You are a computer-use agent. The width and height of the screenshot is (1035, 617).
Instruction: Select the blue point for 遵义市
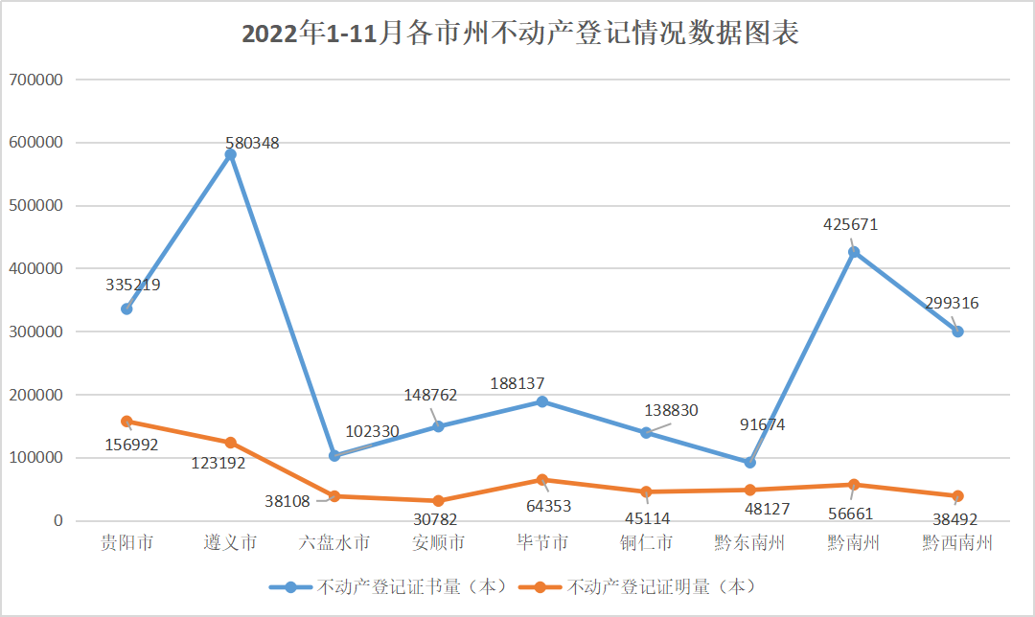(230, 154)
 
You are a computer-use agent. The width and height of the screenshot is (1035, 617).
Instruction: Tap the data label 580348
(252, 143)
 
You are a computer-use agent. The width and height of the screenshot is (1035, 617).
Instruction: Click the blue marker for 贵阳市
(126, 308)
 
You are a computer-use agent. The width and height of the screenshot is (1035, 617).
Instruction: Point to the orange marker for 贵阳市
(126, 422)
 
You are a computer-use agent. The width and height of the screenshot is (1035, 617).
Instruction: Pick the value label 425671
(851, 225)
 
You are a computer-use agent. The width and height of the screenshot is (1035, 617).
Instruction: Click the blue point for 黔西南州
(957, 331)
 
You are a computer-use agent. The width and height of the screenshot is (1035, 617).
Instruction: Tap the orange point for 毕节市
(542, 480)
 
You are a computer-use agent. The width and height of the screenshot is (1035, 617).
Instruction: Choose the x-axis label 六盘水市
(334, 543)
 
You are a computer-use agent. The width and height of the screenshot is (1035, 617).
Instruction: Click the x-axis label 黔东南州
(749, 543)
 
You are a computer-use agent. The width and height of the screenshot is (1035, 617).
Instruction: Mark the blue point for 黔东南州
(750, 463)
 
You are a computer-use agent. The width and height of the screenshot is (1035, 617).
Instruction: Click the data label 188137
(517, 383)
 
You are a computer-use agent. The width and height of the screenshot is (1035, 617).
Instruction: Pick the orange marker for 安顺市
(438, 500)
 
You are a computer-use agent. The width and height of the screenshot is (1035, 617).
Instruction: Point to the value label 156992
(130, 445)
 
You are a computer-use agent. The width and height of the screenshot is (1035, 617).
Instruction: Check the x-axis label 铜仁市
(646, 543)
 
